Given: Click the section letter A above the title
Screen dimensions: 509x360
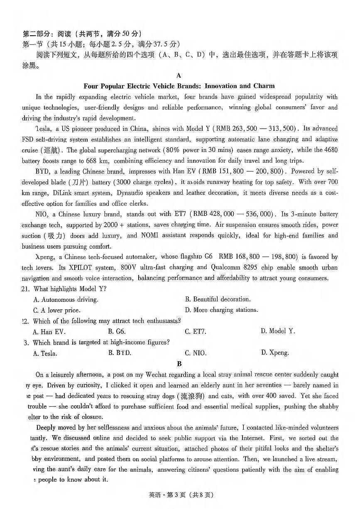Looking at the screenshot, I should click(179, 75).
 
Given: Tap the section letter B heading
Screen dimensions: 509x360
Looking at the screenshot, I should click(179, 364).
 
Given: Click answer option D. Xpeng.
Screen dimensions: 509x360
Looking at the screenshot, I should click(275, 353).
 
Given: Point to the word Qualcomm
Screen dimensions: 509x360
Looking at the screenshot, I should click(226, 267).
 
